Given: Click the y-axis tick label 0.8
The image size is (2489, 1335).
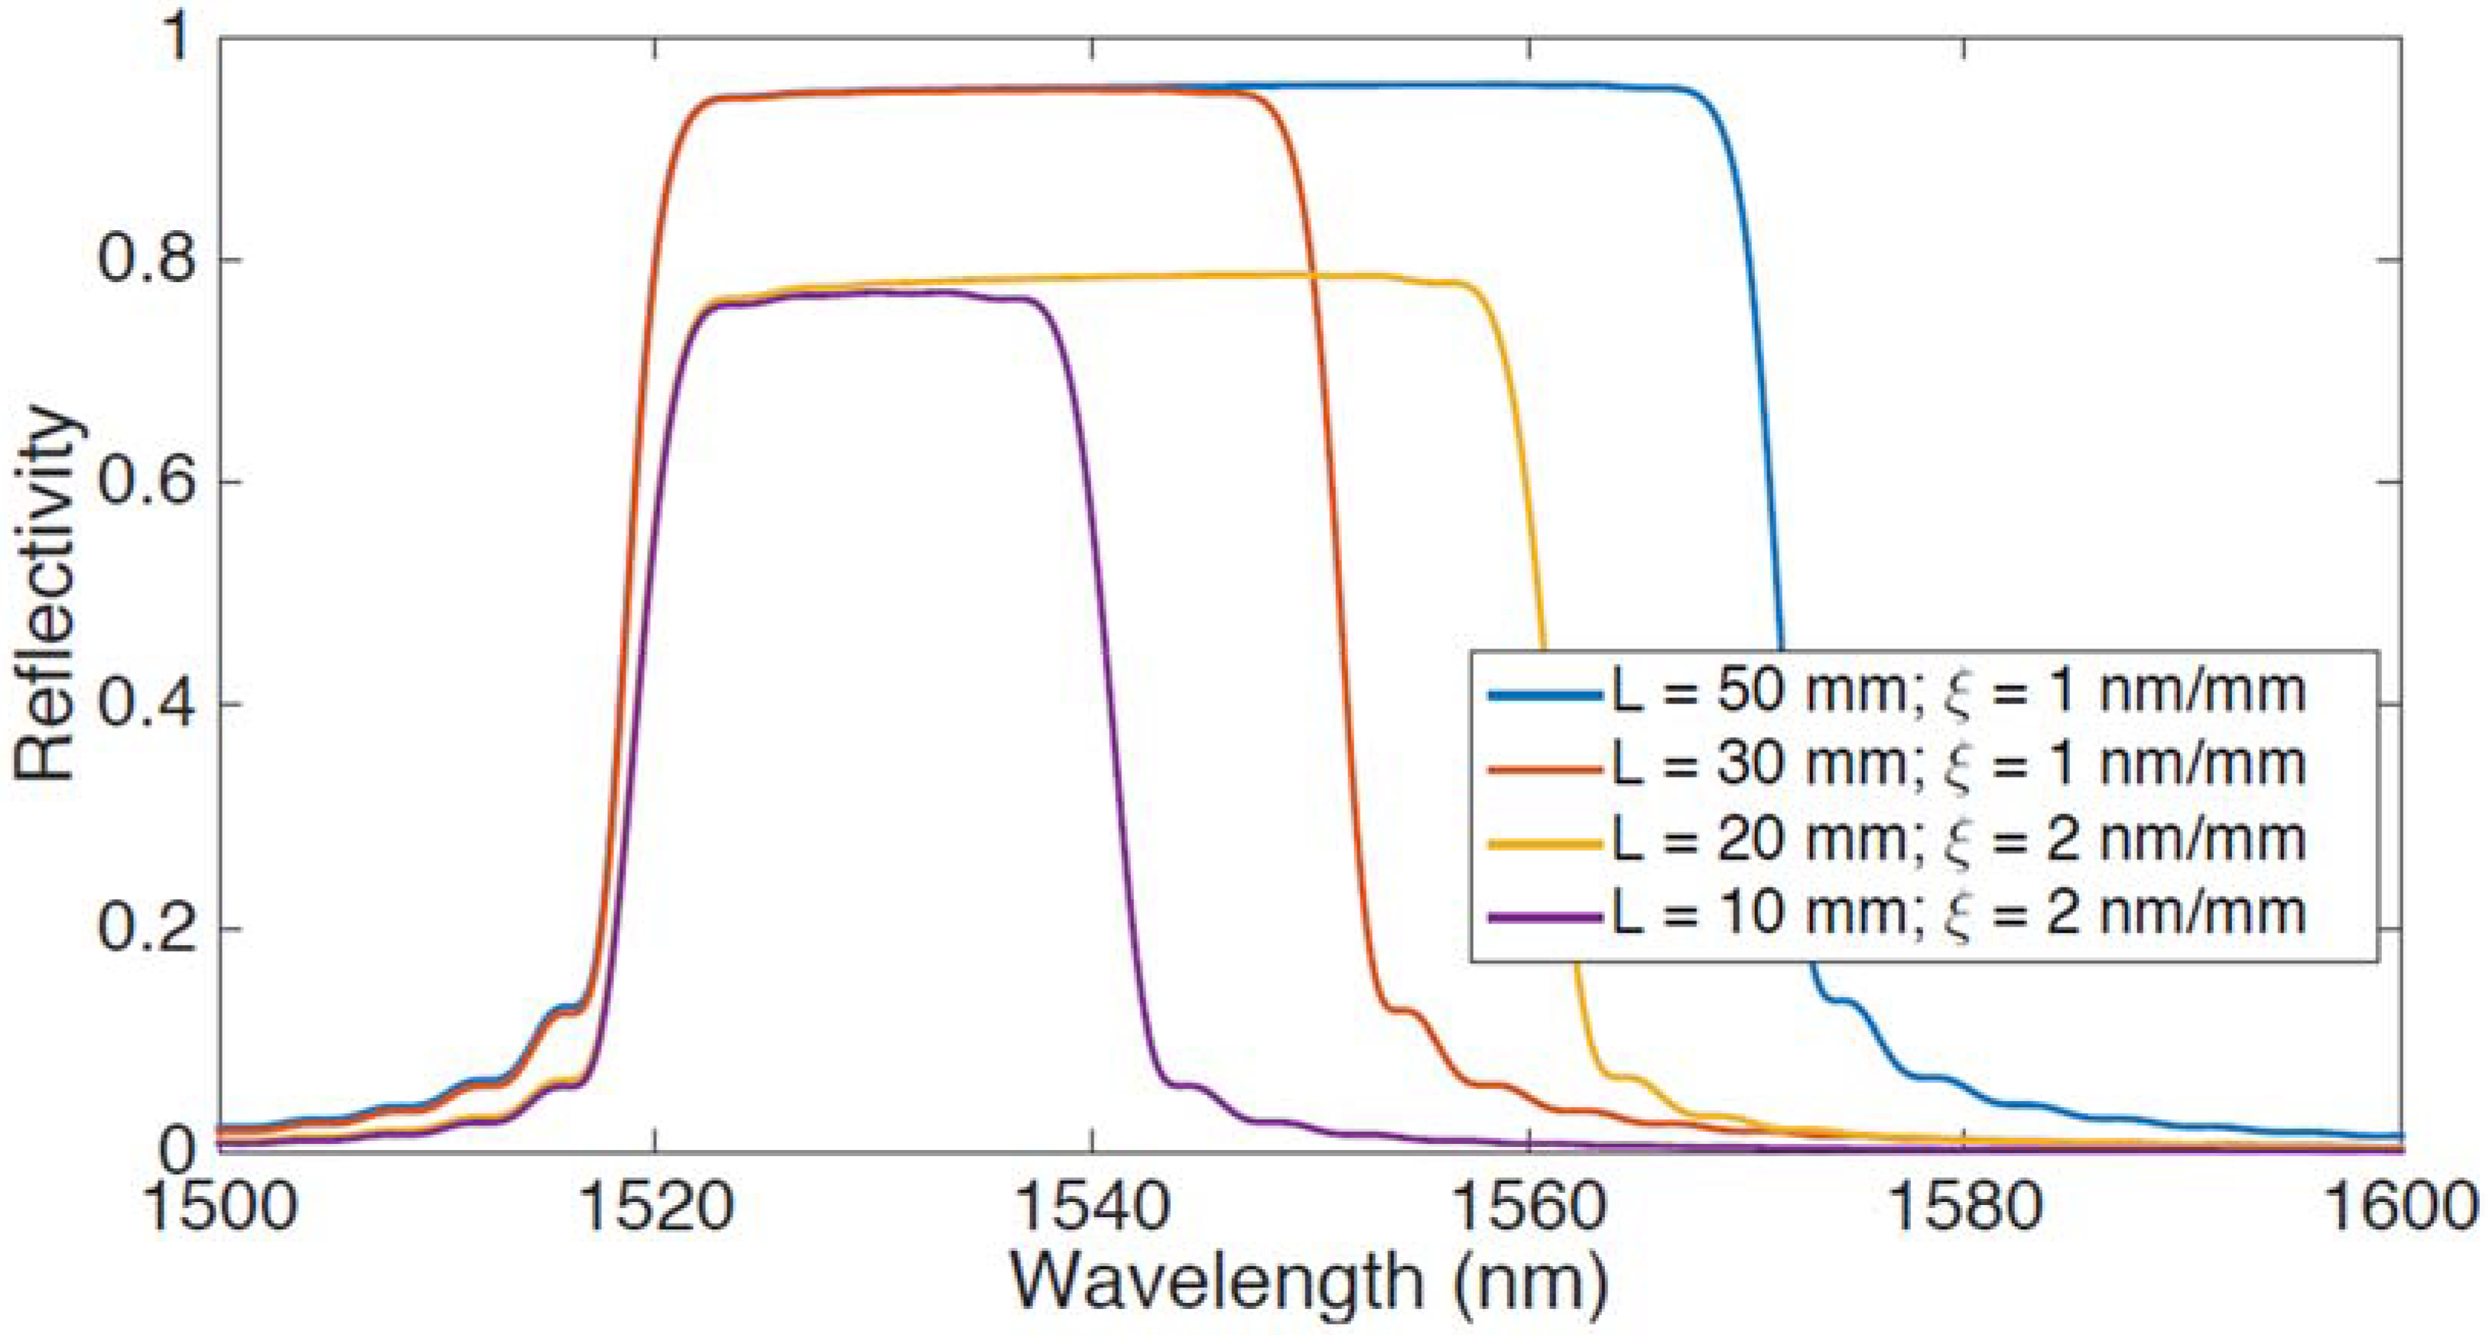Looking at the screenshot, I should (145, 261).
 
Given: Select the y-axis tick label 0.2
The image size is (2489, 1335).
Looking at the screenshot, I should (145, 928).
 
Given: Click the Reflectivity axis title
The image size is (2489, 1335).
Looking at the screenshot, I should (47, 594).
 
